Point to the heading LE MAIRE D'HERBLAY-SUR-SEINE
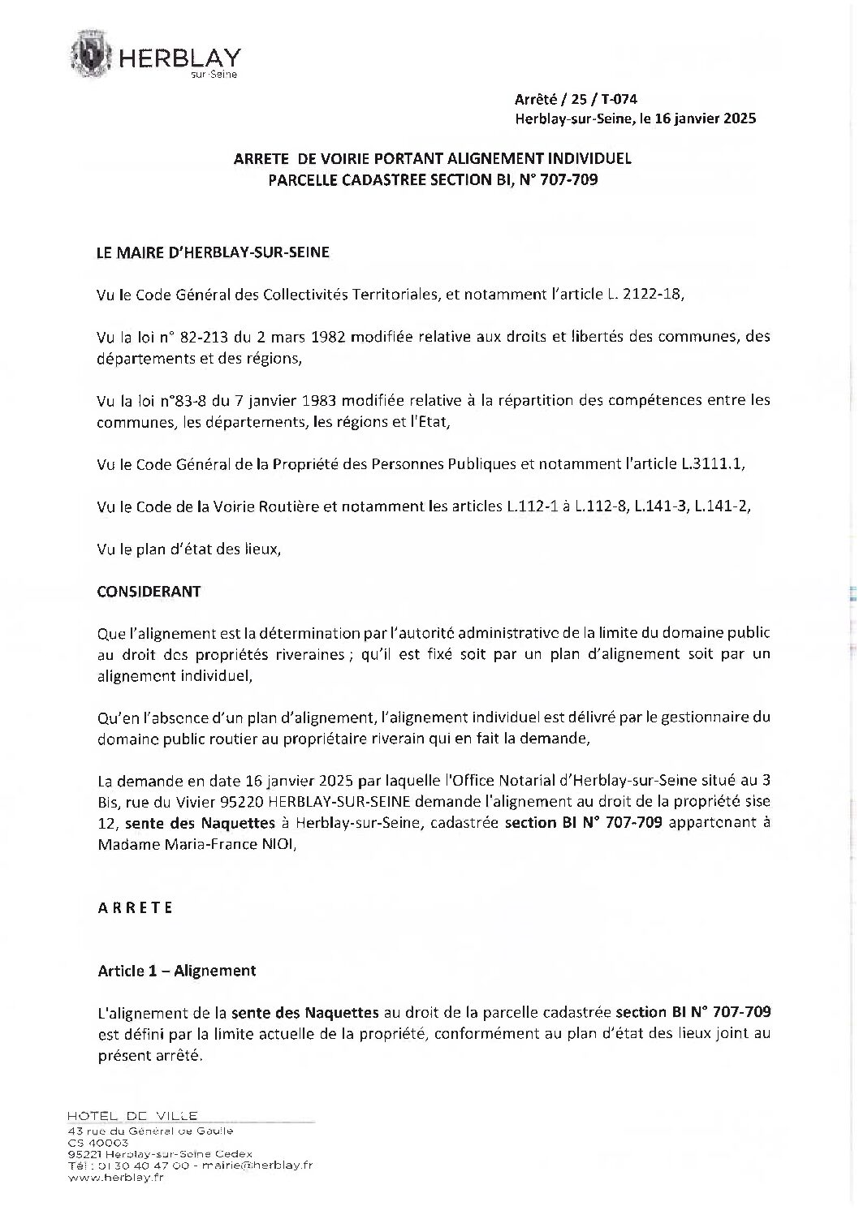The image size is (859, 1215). [214, 252]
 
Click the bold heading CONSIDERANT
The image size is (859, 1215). [149, 592]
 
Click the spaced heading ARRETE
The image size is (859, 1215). [136, 908]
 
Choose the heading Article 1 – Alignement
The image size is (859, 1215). [177, 970]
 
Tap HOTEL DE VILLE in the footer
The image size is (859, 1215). [134, 1116]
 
